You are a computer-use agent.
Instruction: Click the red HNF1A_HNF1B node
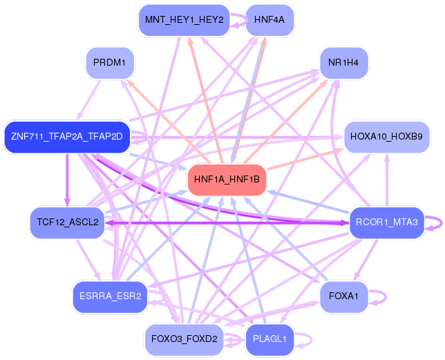pos(227,180)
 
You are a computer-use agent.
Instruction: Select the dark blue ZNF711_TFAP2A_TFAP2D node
pos(66,136)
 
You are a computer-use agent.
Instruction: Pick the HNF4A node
pos(269,20)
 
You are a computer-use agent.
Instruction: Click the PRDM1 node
pos(109,63)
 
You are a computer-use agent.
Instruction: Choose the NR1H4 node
pos(343,63)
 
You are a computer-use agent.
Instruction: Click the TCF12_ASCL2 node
pos(66,222)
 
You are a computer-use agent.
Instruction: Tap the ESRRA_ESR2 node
pos(110,296)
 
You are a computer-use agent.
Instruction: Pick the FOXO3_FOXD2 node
pos(184,339)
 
